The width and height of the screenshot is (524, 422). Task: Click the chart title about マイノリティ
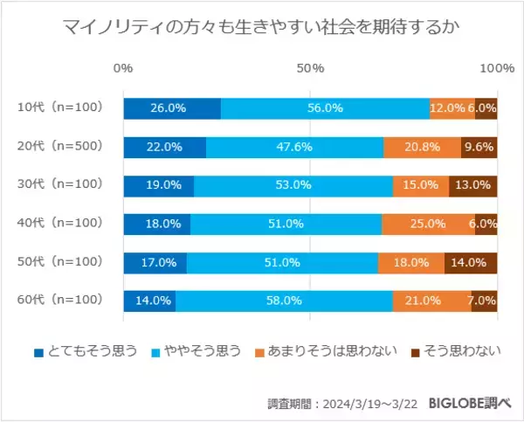coord(262,28)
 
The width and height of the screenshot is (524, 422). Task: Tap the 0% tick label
coord(123,68)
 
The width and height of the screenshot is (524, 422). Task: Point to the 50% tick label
coord(310,68)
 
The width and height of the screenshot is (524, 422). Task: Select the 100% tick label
coord(497,68)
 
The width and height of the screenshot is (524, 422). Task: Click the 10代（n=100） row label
coord(60,108)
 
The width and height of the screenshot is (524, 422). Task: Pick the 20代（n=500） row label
coord(60,147)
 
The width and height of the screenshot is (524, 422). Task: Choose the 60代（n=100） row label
coord(60,300)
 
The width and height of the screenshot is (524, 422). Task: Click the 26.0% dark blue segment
coord(172,108)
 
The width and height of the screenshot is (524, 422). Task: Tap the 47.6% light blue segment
coord(295,147)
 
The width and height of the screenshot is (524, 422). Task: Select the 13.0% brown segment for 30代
coord(472,185)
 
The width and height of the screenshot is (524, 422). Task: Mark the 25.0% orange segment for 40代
coord(428,224)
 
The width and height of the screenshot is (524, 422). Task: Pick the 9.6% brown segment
coord(479,147)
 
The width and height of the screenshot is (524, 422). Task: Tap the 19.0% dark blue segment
coord(159,185)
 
